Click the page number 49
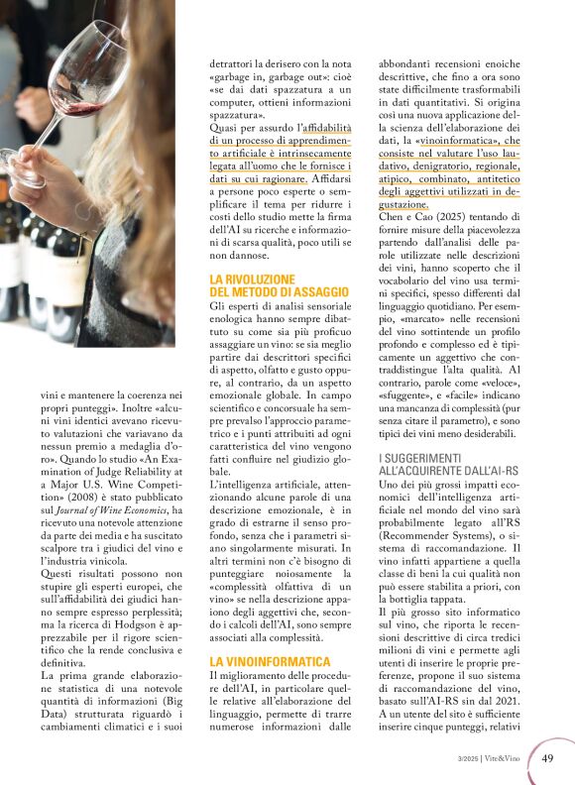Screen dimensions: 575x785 [547, 758]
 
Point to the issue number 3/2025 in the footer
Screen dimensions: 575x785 [470, 758]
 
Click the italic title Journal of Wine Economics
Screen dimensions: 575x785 [112, 509]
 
